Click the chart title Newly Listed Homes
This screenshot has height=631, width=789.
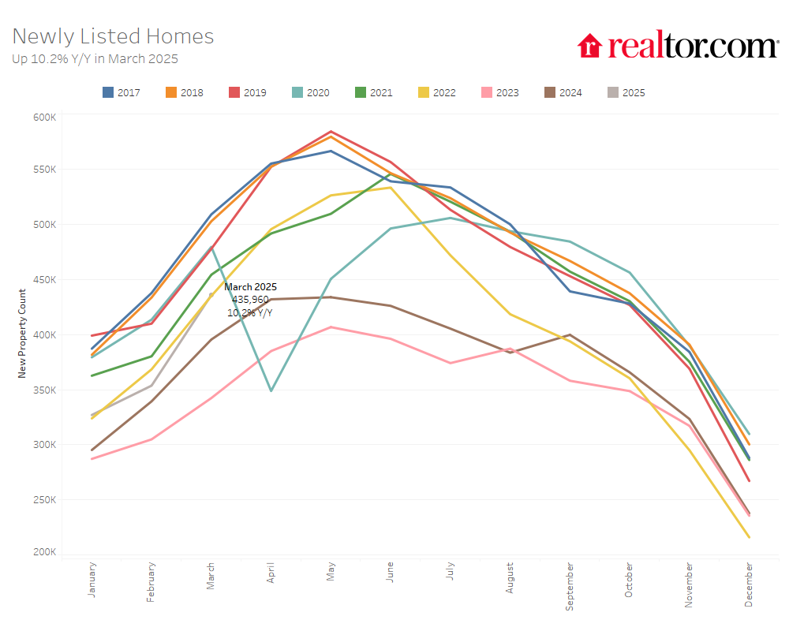point(113,36)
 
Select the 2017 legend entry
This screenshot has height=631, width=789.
point(122,92)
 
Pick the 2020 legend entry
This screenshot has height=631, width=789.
point(311,92)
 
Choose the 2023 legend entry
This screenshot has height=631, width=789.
point(500,92)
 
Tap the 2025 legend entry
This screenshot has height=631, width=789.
point(626,92)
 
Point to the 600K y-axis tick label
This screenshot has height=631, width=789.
point(45,117)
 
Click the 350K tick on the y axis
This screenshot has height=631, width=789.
point(45,390)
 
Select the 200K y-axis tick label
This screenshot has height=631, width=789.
point(45,552)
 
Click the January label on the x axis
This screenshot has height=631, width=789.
point(92,579)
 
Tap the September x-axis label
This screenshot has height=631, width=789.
point(570,585)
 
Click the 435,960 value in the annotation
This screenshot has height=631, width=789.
point(250,300)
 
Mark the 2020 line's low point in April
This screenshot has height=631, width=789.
point(271,390)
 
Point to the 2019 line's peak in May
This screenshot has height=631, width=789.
point(331,132)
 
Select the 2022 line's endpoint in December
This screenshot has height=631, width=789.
point(749,538)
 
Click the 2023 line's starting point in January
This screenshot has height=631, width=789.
point(92,458)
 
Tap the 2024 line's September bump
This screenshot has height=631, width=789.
point(570,334)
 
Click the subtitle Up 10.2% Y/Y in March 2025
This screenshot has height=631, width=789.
point(95,58)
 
